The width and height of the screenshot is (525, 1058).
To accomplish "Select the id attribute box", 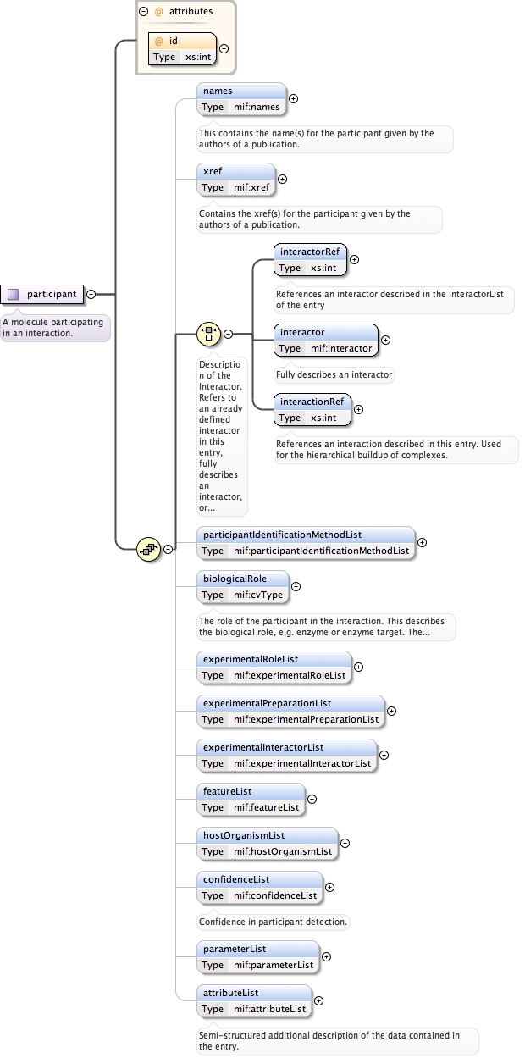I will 181,49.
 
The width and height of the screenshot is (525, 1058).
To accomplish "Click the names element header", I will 241,91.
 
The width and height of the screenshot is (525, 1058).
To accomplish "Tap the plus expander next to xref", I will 283,179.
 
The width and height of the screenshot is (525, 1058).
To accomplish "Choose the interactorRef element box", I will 311,259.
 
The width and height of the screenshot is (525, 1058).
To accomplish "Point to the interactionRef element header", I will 312,402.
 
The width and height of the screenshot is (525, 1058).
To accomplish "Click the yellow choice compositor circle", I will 208,334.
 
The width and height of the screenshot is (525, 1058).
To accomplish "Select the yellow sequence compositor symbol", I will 149,549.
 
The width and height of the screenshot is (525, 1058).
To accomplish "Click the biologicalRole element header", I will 243,579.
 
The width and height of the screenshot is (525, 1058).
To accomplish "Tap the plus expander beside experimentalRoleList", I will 357,667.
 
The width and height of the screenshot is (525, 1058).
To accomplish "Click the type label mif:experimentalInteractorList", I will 302,763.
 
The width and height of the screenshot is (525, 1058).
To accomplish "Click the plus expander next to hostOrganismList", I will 345,843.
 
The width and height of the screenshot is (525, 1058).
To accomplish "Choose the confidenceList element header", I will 259,879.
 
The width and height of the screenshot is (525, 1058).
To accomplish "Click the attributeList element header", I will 254,993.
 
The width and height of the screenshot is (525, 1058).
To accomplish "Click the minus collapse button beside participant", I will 91,295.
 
